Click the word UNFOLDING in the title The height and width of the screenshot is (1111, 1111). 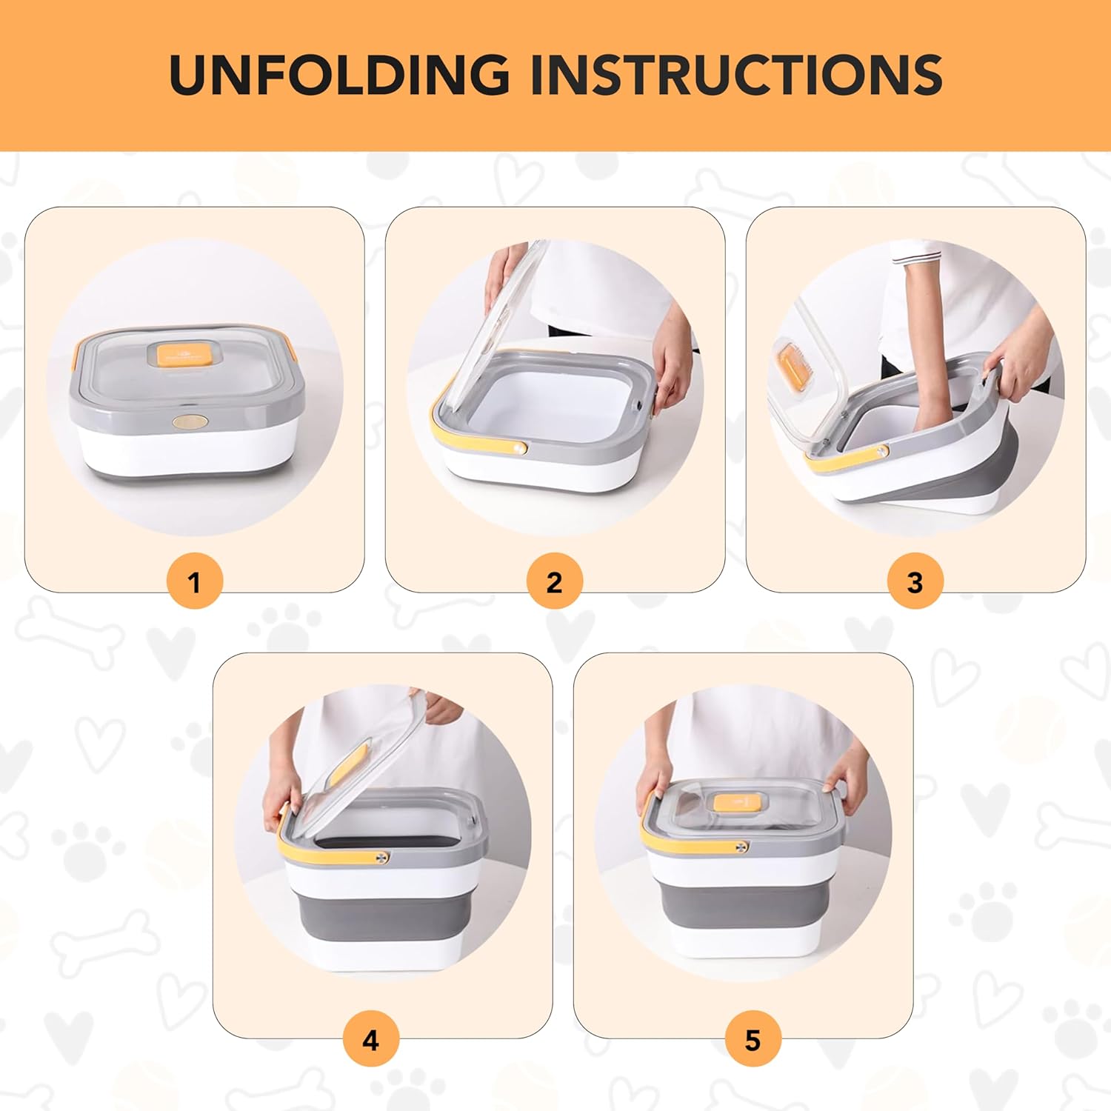[x=339, y=74]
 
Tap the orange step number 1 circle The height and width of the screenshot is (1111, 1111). [x=194, y=581]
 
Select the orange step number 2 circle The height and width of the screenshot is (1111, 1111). [x=555, y=581]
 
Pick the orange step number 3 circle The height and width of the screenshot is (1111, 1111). [x=915, y=581]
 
